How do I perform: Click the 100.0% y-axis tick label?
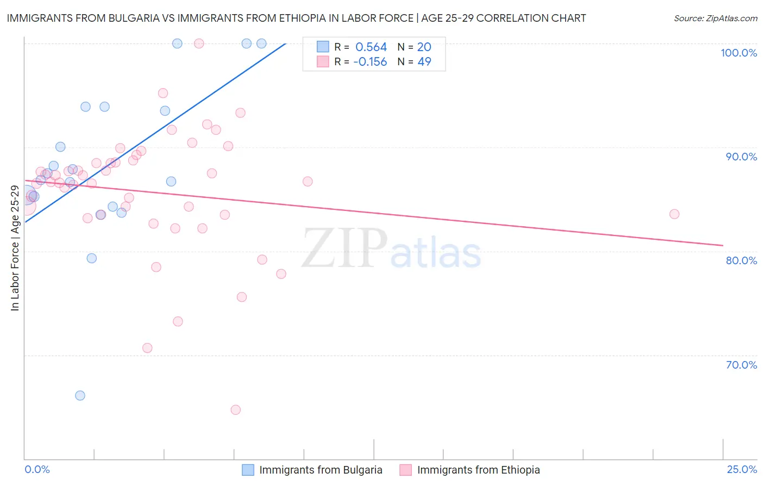point(738,53)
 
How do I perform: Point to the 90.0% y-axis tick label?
point(741,157)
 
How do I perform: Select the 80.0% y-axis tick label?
point(741,260)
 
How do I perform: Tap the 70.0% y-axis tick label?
point(741,365)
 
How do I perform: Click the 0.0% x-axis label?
point(37,469)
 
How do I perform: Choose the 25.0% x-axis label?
point(742,469)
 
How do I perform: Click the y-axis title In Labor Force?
point(15,248)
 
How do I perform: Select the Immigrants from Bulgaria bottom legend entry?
point(321,470)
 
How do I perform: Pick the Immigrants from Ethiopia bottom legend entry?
point(478,470)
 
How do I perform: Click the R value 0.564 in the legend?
point(371,47)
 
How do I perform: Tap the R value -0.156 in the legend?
point(370,62)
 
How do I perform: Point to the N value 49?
point(424,62)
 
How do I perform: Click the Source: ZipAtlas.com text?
point(715,18)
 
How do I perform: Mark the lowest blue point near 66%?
point(80,395)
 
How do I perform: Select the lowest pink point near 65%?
point(235,409)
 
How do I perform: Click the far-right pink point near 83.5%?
point(674,214)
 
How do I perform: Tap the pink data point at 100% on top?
point(199,43)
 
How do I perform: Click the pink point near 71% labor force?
point(147,348)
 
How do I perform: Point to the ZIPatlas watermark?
point(391,248)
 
